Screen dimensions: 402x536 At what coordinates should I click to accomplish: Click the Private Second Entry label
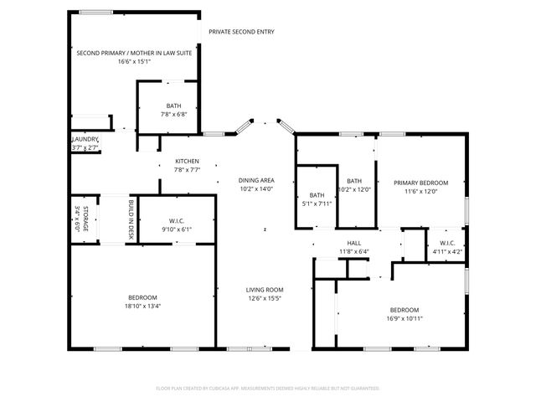click(241, 32)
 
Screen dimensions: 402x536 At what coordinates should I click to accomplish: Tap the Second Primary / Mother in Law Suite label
click(134, 53)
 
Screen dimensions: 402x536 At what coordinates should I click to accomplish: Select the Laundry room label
click(85, 139)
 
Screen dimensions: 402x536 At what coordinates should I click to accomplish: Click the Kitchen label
click(187, 161)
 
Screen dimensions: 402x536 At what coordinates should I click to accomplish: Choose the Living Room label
click(265, 290)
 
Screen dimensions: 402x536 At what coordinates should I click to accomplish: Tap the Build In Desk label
click(131, 219)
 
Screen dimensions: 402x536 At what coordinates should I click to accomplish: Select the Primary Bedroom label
click(421, 183)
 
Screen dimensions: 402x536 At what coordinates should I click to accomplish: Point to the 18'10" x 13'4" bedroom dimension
click(142, 306)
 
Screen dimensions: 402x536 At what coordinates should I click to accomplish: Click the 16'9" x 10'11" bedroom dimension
click(405, 317)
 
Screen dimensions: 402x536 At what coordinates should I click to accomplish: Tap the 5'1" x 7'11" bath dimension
click(317, 203)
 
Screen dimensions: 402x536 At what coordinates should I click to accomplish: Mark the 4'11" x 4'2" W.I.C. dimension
click(446, 252)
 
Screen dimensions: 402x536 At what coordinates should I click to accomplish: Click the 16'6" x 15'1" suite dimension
click(134, 61)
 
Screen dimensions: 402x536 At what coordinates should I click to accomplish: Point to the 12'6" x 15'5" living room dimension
click(265, 298)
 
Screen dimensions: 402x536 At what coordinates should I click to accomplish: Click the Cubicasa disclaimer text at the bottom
click(268, 389)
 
